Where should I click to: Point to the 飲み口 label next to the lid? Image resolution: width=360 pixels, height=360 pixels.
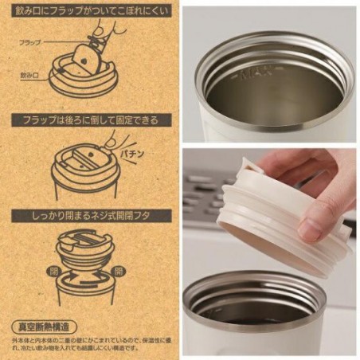point(29,73)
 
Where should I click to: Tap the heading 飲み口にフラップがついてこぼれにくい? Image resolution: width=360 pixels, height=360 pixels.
point(88,12)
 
